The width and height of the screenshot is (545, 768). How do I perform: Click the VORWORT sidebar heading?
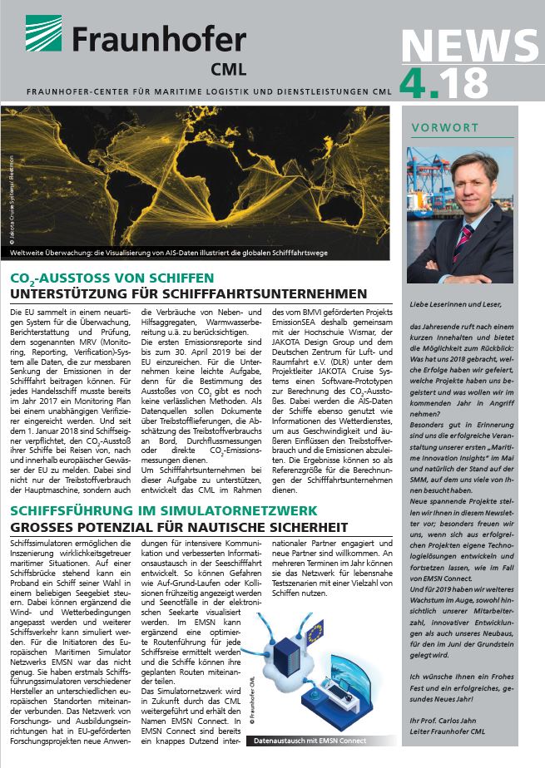pyautogui.click(x=444, y=127)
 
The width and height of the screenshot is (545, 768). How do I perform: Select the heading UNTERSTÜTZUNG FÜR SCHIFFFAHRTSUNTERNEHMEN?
pyautogui.click(x=188, y=294)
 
